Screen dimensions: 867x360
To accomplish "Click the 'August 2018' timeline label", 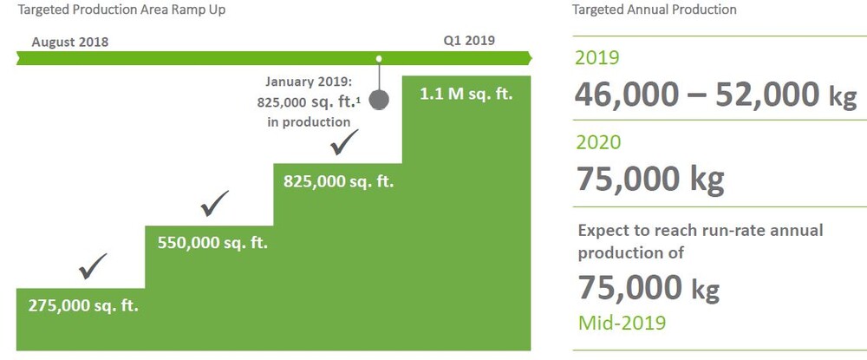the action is click(69, 42).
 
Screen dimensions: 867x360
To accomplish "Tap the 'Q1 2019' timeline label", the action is click(469, 41).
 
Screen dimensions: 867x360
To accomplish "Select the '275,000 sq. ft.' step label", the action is click(83, 306).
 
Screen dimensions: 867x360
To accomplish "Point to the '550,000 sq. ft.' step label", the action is click(212, 243).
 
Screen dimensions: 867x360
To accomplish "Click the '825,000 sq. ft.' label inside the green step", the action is click(338, 181).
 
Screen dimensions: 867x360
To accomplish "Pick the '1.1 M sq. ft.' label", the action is click(466, 94).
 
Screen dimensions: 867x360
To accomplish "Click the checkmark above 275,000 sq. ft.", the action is click(93, 266).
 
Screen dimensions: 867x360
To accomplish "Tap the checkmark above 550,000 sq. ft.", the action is click(214, 203).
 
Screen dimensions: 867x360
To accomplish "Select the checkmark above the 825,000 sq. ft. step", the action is click(344, 141).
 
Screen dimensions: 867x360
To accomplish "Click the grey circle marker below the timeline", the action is click(379, 100).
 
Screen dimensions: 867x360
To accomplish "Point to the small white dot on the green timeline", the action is click(379, 58).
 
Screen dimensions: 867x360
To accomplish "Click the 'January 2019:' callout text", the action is click(309, 82).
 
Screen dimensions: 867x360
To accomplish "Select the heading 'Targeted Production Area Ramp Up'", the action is click(121, 10).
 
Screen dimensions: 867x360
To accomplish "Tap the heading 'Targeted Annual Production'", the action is click(654, 10).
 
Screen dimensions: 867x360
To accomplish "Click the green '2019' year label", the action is click(597, 57).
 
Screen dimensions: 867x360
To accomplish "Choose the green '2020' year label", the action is click(598, 142).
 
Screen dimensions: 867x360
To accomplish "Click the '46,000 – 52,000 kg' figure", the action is click(716, 95).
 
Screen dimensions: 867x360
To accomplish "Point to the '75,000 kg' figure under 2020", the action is click(650, 179).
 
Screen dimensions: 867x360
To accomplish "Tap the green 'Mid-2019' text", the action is click(622, 323).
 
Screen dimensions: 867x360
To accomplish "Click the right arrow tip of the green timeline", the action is click(532, 57).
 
